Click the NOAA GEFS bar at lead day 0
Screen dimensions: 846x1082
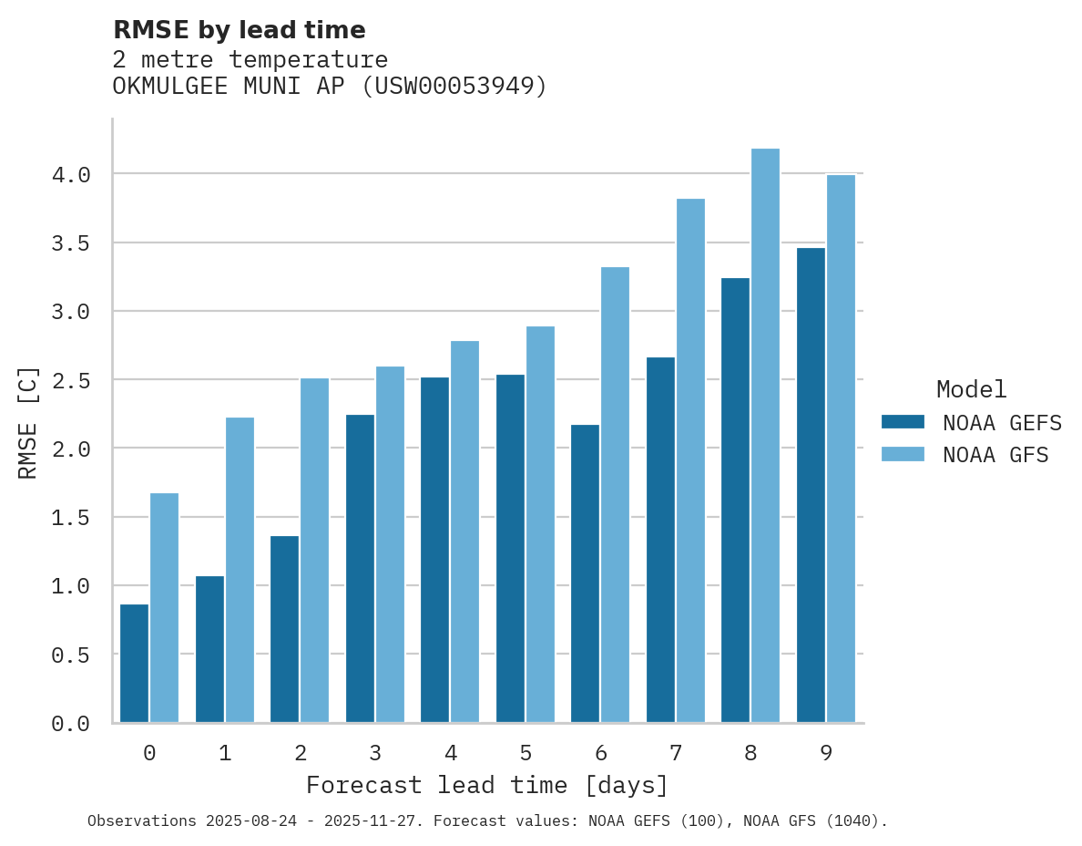point(134,663)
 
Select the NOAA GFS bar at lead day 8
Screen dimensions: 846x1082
point(765,435)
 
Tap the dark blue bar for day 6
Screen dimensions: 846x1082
point(585,573)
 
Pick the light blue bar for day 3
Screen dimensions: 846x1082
point(390,544)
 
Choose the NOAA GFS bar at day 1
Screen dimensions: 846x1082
point(240,570)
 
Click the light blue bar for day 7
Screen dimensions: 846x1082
point(690,460)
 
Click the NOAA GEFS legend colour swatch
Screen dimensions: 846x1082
point(903,422)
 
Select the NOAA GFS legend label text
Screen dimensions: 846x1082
point(995,455)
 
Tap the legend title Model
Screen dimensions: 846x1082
point(971,390)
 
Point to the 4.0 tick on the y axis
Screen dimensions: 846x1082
point(71,174)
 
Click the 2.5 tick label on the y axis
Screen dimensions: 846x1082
point(71,380)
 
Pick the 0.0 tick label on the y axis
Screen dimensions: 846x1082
point(71,724)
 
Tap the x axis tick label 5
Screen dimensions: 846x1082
point(526,753)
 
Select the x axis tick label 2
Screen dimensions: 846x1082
point(300,753)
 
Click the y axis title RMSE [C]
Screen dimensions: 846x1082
point(28,422)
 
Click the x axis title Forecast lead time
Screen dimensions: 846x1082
point(487,785)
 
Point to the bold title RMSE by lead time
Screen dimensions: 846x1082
point(239,30)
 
